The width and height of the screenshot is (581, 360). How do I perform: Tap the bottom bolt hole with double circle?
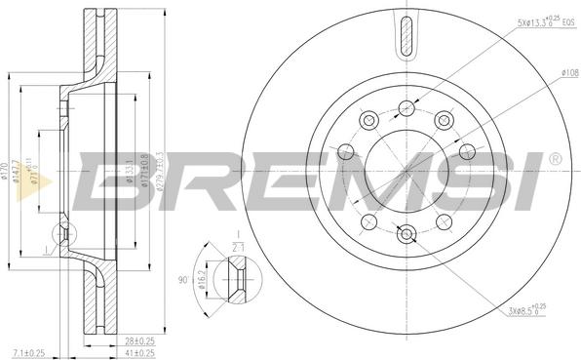coord(407,232)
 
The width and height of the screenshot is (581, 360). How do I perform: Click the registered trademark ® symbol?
coord(555,158)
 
